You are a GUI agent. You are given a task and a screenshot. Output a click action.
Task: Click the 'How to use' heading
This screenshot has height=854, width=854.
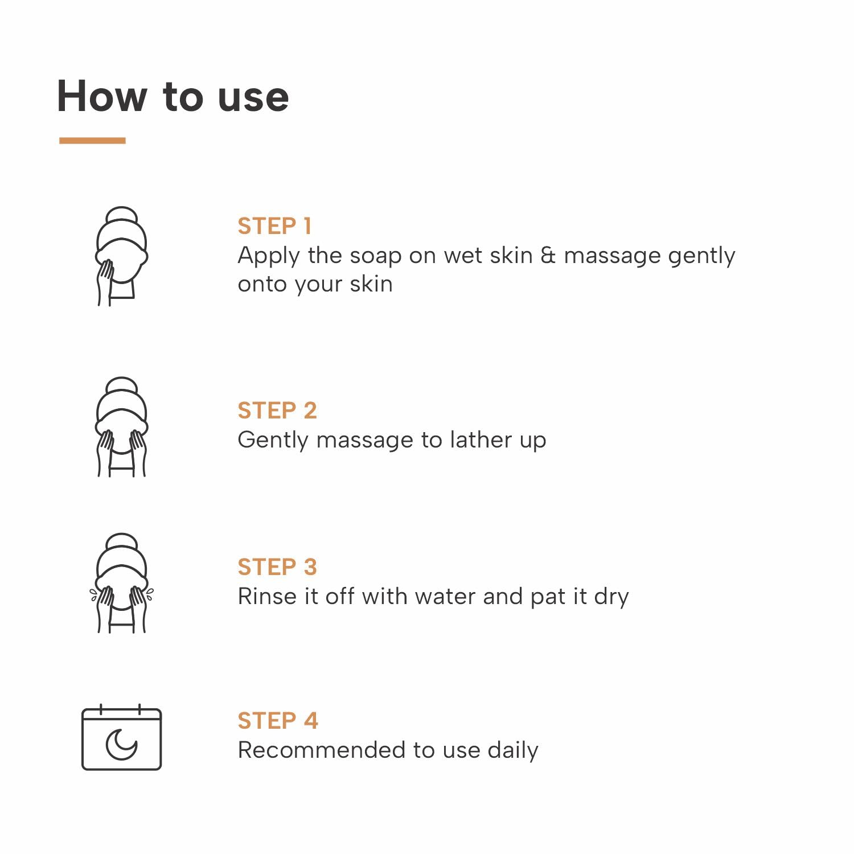tap(173, 96)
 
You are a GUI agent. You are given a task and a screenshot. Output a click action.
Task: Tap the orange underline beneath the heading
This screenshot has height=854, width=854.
tap(92, 140)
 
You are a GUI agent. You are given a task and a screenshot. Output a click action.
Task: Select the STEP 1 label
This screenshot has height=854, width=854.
tap(274, 226)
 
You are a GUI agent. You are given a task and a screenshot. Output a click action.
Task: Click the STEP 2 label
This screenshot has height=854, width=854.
tap(277, 410)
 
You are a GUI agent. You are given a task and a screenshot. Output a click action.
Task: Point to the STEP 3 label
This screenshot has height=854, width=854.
tap(277, 567)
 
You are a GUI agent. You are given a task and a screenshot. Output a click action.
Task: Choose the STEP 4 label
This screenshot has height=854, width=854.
tap(278, 721)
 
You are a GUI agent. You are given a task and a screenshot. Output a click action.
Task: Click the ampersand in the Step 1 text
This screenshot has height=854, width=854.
tap(548, 256)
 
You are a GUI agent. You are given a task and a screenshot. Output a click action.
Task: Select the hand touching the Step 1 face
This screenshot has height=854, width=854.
tap(105, 282)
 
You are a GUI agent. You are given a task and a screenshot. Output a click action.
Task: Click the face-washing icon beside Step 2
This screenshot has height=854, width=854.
tap(122, 426)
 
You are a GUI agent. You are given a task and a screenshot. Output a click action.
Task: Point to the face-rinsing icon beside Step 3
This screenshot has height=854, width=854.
tap(122, 583)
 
